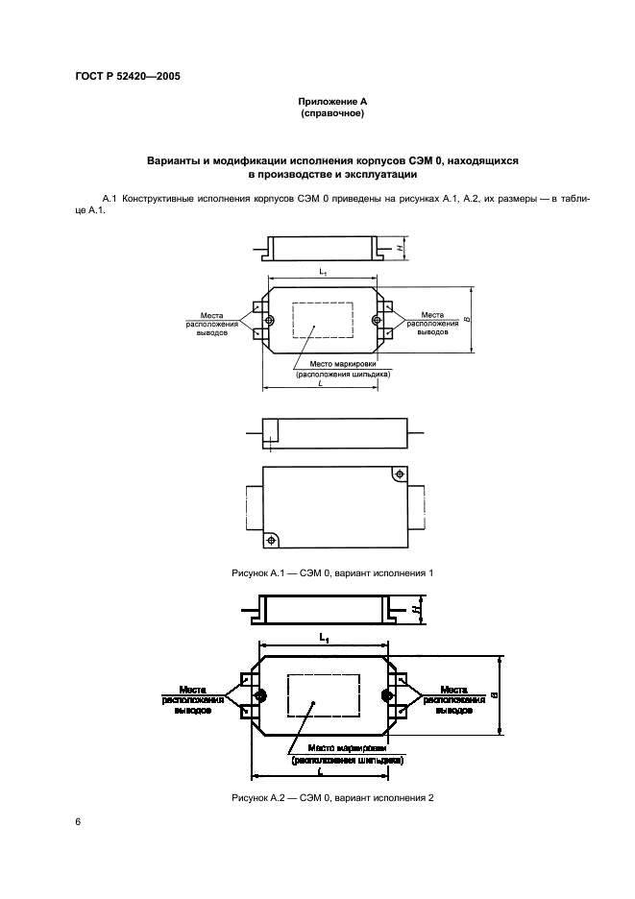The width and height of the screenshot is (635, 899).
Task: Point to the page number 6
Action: tap(78, 821)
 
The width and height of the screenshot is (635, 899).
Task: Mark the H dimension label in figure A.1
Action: tap(398, 248)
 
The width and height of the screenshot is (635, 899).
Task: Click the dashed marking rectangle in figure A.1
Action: tap(322, 320)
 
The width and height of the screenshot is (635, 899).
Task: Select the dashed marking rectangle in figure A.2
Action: tap(324, 694)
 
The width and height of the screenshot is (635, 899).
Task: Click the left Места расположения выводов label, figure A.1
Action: tap(212, 324)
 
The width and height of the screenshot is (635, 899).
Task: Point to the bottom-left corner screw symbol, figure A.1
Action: tap(271, 541)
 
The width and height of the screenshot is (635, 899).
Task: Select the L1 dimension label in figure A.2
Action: tap(324, 639)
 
